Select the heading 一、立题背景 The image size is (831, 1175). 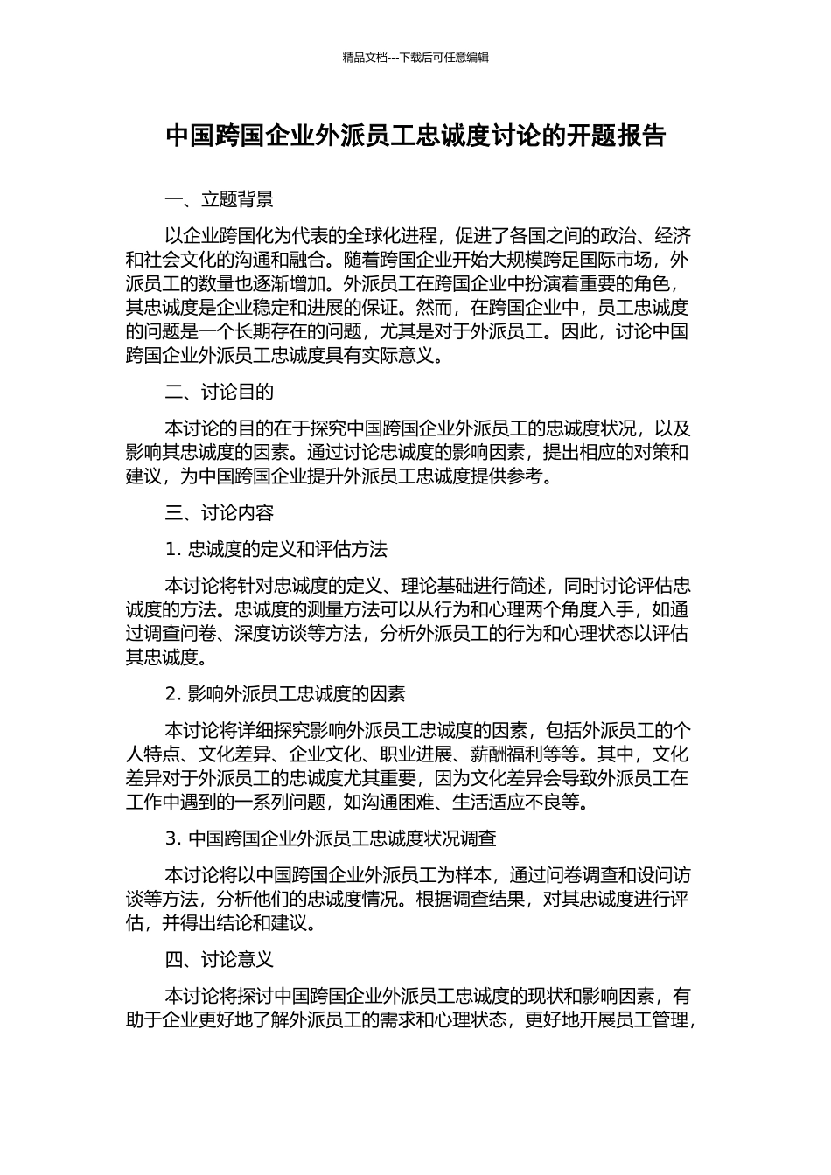(219, 199)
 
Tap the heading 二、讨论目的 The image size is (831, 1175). (219, 392)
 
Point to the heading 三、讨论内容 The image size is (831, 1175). (219, 512)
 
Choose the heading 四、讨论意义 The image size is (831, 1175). (219, 959)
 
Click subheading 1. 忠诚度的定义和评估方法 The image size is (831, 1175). (276, 549)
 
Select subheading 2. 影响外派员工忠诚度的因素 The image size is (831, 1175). (285, 693)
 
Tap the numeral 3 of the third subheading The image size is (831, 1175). (171, 838)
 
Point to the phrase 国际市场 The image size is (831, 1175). (618, 260)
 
